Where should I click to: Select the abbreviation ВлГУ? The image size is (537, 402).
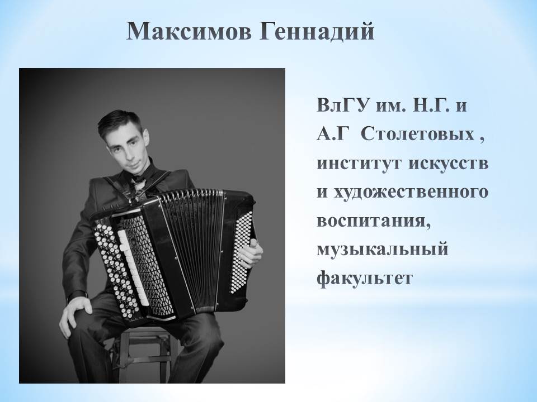click(342, 106)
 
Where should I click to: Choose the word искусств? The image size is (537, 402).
click(449, 164)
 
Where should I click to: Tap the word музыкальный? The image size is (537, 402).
click(383, 250)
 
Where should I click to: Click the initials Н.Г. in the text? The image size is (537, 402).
click(427, 106)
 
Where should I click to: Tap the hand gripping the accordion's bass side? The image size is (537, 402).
click(250, 253)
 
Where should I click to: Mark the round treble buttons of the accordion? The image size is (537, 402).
click(115, 270)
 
